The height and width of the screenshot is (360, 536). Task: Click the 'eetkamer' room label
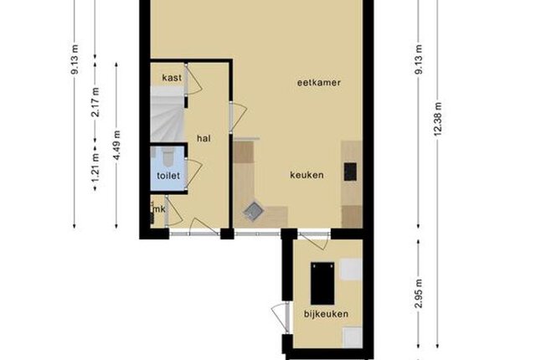click(x=318, y=83)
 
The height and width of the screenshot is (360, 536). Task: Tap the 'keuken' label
click(x=307, y=175)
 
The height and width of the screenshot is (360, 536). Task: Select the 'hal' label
click(x=204, y=138)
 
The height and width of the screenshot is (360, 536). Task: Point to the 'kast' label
click(x=172, y=78)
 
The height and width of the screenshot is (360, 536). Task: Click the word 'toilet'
click(x=168, y=176)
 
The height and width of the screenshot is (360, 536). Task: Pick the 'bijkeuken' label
click(x=326, y=314)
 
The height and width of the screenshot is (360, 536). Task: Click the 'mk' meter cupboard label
click(x=159, y=209)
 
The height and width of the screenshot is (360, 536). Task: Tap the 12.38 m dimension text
click(x=438, y=119)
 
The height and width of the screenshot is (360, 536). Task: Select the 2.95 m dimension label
click(x=419, y=293)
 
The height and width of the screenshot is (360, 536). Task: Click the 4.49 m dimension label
click(x=117, y=145)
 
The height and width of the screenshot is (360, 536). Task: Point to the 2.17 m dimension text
click(x=95, y=102)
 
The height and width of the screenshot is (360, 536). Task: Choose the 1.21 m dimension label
click(x=95, y=167)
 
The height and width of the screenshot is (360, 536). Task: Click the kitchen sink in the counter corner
click(x=253, y=212)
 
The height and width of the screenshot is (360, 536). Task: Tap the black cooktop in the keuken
click(x=350, y=172)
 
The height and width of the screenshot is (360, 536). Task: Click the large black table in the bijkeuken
click(x=322, y=284)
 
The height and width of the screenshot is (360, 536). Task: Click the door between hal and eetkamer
click(x=238, y=118)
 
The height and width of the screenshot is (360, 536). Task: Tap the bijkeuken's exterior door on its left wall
click(x=281, y=317)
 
